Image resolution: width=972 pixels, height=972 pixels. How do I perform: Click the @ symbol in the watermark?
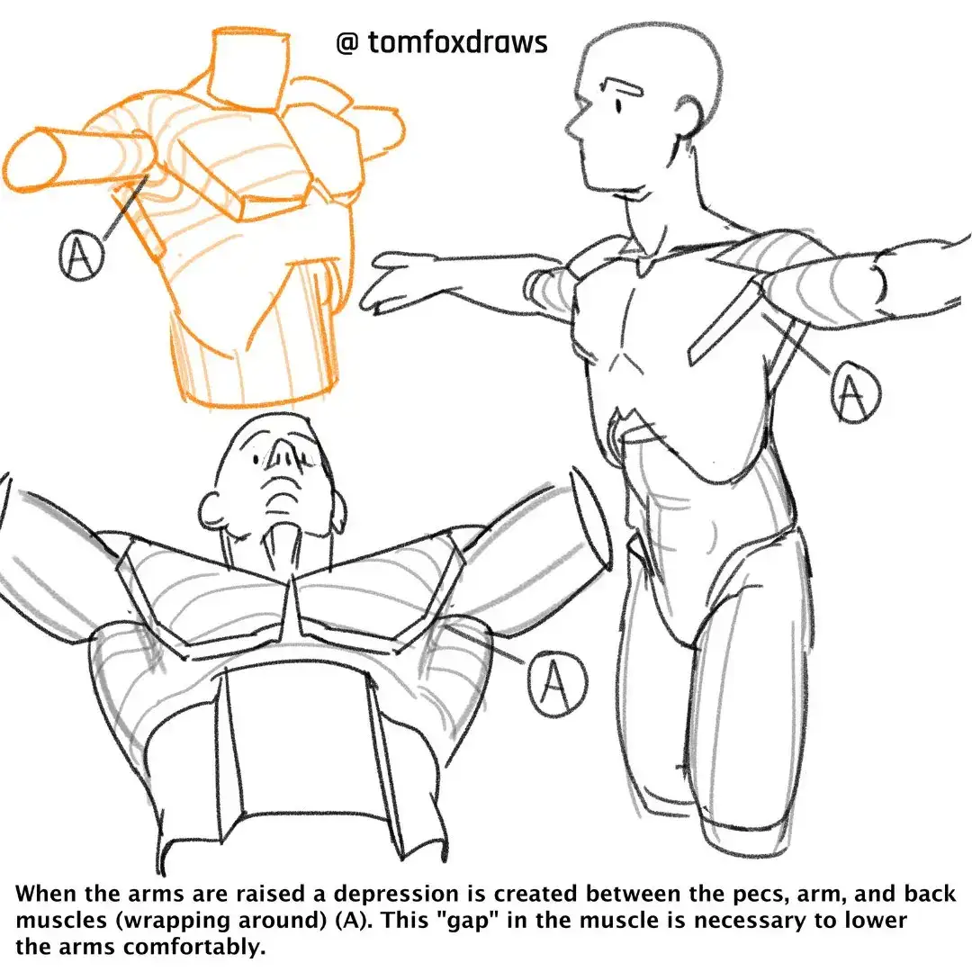[347, 43]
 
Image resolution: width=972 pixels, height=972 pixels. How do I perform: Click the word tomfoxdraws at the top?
[457, 41]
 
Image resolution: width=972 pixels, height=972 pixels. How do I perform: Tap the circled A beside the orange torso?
[81, 255]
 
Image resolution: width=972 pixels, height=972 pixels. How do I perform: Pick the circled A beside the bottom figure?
[557, 684]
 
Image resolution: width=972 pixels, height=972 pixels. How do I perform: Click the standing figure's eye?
[618, 105]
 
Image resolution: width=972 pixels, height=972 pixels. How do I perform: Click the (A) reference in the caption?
[355, 922]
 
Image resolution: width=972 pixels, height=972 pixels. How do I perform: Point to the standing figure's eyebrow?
[624, 85]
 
